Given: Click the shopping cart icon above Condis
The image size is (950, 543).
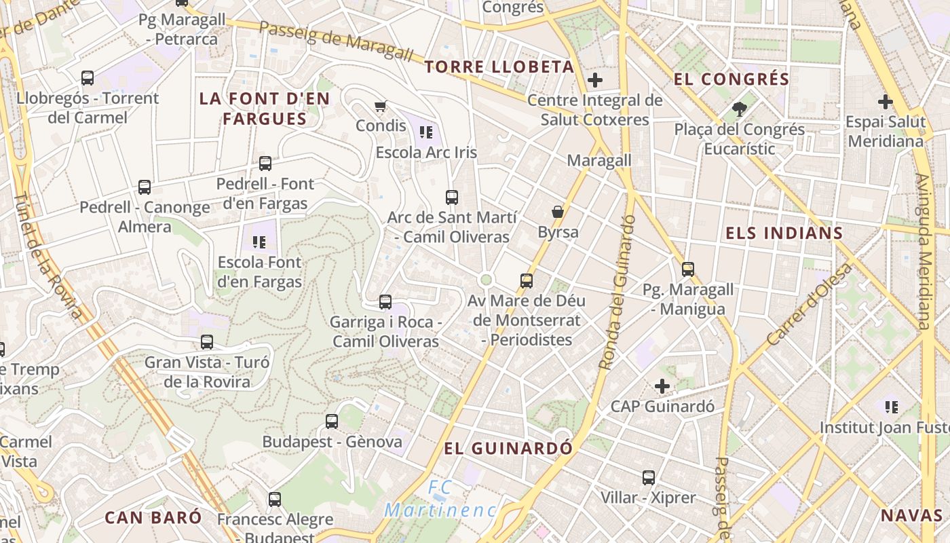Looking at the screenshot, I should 381,106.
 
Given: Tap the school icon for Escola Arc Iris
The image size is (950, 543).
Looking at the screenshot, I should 426,132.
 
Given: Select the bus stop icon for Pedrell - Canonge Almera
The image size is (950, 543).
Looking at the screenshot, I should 145,187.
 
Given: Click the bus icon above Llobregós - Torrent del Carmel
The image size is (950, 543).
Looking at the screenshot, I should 88,77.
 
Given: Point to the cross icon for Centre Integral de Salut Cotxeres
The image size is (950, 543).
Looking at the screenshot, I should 595,80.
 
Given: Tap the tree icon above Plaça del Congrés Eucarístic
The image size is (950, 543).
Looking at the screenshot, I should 739,109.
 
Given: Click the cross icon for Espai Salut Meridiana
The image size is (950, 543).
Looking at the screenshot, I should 886,102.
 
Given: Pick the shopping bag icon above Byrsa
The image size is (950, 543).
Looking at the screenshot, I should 558,212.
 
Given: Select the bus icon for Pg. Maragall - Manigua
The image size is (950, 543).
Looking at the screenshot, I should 688,269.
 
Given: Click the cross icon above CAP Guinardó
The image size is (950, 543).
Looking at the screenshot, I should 662,386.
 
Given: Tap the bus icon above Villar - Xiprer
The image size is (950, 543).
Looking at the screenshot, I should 649,477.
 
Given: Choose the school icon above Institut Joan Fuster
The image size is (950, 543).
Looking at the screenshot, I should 892,407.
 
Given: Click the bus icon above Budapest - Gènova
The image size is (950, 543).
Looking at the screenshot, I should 332,421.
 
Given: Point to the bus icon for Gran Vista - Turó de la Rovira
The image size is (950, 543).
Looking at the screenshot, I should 207,341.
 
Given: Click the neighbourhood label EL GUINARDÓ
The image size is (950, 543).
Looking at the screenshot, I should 508,449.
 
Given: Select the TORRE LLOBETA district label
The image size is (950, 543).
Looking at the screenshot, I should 499,67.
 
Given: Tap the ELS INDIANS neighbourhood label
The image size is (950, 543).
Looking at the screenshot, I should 784,233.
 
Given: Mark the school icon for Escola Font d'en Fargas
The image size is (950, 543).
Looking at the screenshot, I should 259,241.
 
